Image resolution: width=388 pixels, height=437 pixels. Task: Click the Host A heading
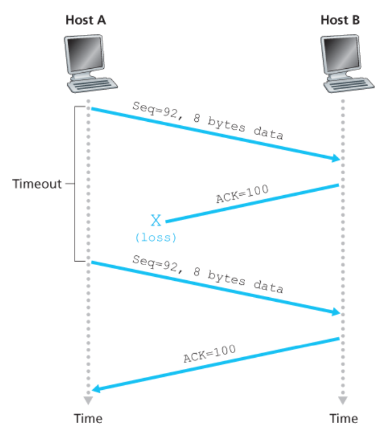[86, 20]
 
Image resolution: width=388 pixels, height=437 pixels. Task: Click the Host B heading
[340, 20]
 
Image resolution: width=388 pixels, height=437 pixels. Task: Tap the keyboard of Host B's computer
[349, 84]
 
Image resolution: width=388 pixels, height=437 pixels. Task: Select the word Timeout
[37, 184]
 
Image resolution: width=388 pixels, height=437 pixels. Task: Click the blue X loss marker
[156, 220]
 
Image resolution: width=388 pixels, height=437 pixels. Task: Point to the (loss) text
[156, 238]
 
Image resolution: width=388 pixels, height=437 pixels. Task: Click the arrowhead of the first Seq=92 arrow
[336, 158]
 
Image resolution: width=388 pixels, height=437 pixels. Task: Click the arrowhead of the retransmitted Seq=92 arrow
[336, 312]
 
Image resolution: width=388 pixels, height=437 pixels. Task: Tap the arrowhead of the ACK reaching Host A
[96, 389]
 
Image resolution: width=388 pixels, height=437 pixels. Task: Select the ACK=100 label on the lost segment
[242, 193]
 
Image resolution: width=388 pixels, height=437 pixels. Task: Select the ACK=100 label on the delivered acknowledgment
[209, 354]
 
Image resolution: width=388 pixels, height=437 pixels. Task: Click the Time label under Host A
[88, 418]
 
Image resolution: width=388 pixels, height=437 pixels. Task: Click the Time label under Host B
[344, 418]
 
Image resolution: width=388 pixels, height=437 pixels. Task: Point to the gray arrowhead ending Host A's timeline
[88, 400]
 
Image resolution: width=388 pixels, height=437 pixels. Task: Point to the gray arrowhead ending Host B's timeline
[342, 400]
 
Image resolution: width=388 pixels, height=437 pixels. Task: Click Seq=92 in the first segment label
[155, 110]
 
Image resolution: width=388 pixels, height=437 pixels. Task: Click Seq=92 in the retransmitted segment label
[155, 264]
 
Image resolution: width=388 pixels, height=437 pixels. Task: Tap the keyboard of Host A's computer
[93, 84]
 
